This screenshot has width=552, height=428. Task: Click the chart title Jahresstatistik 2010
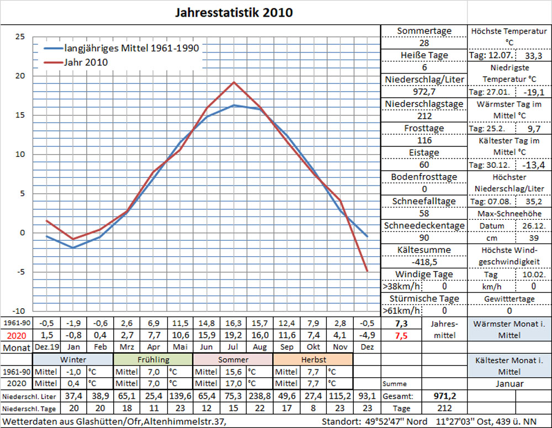tap(234, 12)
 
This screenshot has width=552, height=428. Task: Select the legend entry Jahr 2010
tap(86, 62)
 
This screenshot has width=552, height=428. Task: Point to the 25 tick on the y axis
tap(20, 36)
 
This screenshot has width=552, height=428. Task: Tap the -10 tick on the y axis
tap(19, 311)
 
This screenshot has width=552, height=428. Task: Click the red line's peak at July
tap(234, 82)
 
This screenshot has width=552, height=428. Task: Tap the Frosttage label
tap(424, 128)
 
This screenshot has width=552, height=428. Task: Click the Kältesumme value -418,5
tap(424, 262)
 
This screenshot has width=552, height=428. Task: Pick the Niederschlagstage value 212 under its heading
tap(424, 116)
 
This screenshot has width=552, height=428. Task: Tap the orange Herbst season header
tap(314, 360)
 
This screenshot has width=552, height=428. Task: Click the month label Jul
tap(234, 347)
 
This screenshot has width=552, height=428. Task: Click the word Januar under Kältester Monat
tap(509, 384)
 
